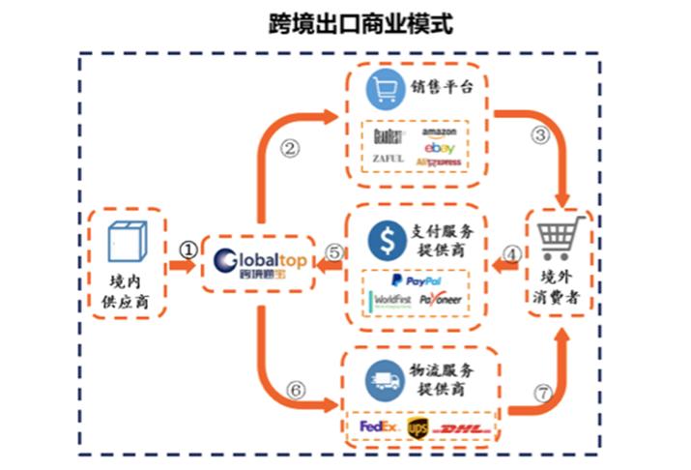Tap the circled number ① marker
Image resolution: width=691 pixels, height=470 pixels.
click(189, 248)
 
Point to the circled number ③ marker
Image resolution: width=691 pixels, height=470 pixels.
click(540, 134)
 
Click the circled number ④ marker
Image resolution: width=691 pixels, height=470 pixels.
click(514, 254)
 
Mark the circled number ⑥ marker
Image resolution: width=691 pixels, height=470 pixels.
click(297, 392)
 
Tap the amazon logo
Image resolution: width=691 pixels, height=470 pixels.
click(440, 132)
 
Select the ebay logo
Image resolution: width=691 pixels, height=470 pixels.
click(438, 147)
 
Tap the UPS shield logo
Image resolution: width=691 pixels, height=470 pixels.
click(417, 426)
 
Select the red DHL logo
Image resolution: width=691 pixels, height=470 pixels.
click(461, 426)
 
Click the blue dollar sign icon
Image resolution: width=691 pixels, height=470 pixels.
click(385, 240)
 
